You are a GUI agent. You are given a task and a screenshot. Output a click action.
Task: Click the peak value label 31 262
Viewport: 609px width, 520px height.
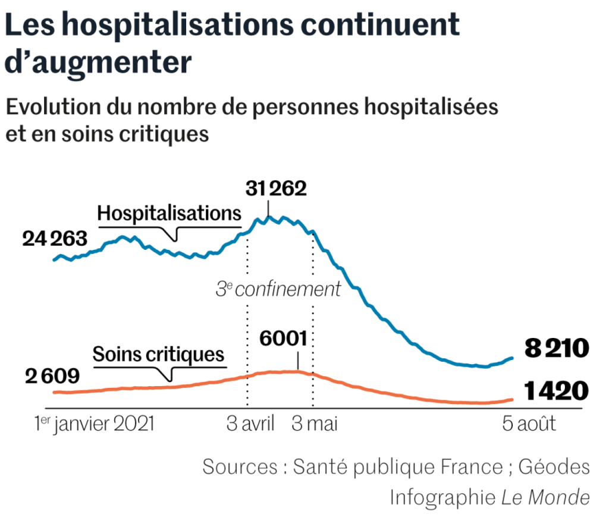pos(276,189)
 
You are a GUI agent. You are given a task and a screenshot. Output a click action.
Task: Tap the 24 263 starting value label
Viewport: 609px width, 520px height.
pos(55,239)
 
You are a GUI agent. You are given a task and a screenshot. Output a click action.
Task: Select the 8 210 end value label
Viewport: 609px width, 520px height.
pos(556,348)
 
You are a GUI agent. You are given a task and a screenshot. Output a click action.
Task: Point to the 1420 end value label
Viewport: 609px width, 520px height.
pos(556,391)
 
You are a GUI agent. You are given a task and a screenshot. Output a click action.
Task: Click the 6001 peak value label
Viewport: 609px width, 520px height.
pos(284,339)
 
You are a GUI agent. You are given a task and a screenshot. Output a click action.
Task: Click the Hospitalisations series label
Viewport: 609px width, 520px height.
pos(169,214)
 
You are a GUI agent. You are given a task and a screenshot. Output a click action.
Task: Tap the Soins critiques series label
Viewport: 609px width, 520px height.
pos(158,355)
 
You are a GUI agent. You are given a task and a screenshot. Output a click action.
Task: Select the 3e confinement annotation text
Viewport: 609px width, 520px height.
pos(278,289)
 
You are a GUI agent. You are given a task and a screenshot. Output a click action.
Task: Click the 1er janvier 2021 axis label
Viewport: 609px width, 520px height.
pos(95,424)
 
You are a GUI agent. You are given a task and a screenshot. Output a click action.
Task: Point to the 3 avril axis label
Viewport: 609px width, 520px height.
pos(250,424)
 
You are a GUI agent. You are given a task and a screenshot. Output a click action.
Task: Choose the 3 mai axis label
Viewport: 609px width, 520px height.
pos(315,424)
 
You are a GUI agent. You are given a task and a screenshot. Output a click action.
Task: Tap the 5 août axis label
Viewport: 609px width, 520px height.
pos(529,424)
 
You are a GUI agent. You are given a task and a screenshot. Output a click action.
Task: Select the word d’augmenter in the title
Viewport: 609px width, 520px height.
pos(99,62)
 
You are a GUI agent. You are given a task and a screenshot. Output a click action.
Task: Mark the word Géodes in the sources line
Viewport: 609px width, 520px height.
pos(554,466)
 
